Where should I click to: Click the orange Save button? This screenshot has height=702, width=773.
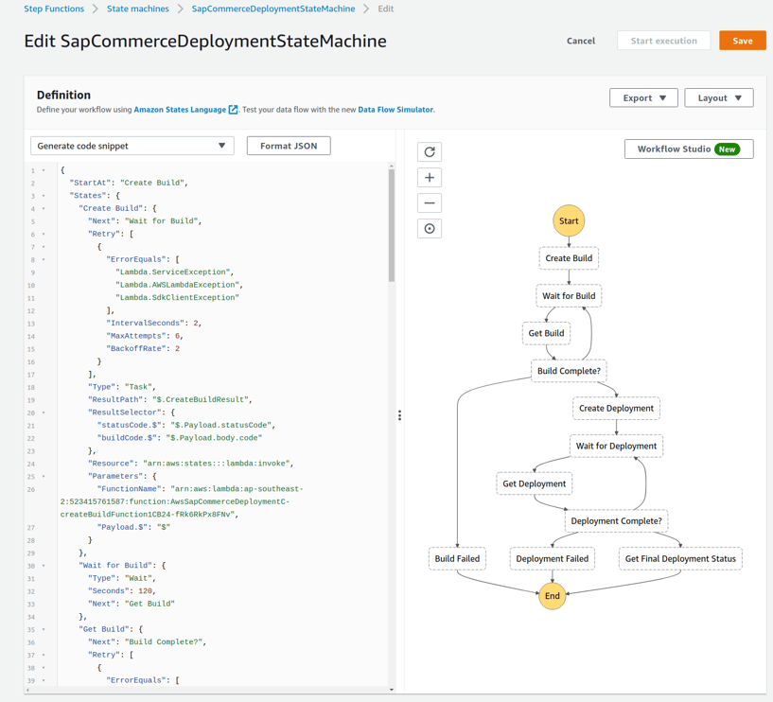tap(742, 41)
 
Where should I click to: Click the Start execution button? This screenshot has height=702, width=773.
tap(663, 41)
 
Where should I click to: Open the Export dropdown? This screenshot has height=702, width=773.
tap(643, 97)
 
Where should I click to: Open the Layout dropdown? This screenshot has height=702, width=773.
tap(718, 97)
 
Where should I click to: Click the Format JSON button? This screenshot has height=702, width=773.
tap(289, 146)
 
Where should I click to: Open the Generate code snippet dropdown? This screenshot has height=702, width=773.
tap(132, 146)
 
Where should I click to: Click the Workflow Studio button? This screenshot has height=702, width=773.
tap(688, 149)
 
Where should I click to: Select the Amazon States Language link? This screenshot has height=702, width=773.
tap(181, 110)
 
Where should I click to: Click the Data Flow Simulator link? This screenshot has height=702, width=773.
tap(395, 110)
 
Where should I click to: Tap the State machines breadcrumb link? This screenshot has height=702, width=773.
tap(138, 9)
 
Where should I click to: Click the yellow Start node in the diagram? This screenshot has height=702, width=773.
tap(569, 220)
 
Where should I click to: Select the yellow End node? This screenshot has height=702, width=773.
tap(552, 596)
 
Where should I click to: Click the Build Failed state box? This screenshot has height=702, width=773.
tap(457, 558)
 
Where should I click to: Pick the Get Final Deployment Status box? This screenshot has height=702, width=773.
tap(680, 558)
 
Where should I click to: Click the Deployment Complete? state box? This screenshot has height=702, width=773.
tap(616, 520)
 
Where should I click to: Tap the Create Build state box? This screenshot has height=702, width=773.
tap(569, 258)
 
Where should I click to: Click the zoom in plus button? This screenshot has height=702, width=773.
tap(430, 178)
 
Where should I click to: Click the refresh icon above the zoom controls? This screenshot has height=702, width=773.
tap(430, 152)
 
